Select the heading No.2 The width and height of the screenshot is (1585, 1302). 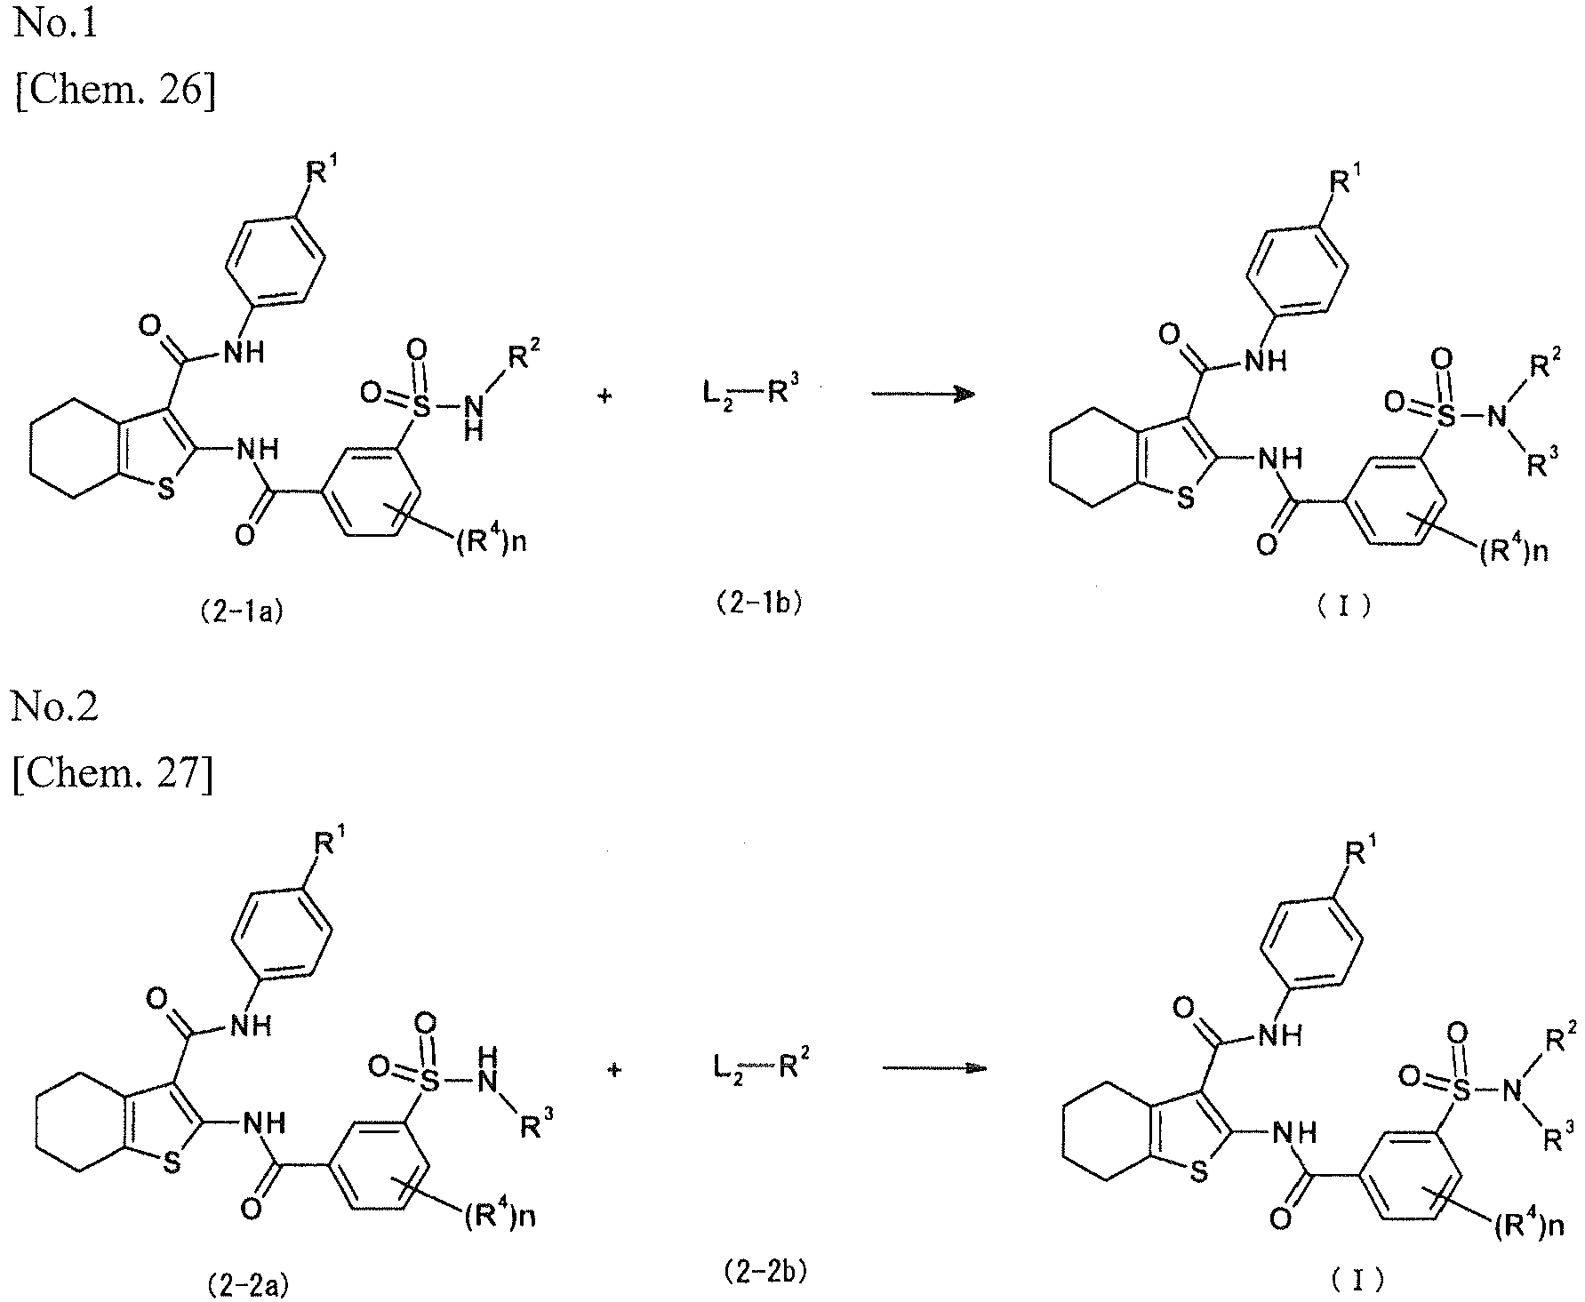click(x=55, y=707)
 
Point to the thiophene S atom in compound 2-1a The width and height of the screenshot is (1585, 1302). click(x=166, y=490)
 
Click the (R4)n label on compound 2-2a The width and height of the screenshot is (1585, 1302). click(x=499, y=1215)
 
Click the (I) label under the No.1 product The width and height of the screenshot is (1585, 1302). click(x=1342, y=607)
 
